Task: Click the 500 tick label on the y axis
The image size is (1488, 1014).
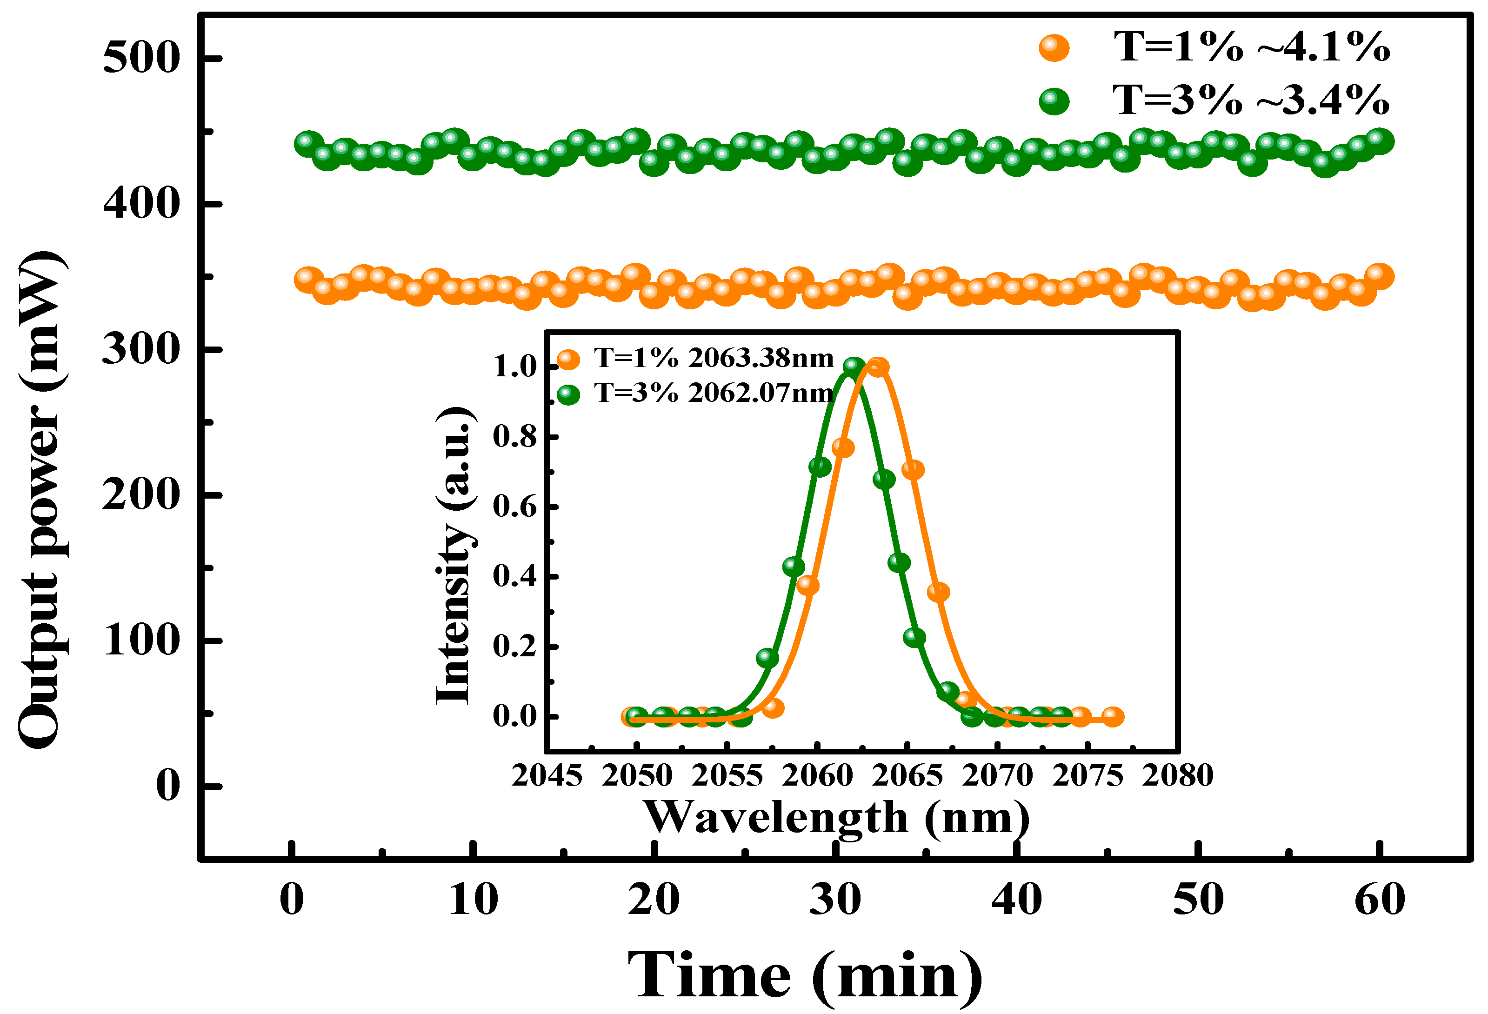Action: pos(140,58)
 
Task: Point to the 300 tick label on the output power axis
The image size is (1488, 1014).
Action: pos(140,349)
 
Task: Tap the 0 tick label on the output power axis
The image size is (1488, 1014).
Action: pos(168,786)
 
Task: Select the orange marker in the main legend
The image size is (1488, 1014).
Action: pos(1054,48)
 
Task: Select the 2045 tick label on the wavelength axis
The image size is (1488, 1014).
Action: pos(547,776)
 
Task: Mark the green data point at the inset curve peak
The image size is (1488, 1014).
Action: pos(854,366)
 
